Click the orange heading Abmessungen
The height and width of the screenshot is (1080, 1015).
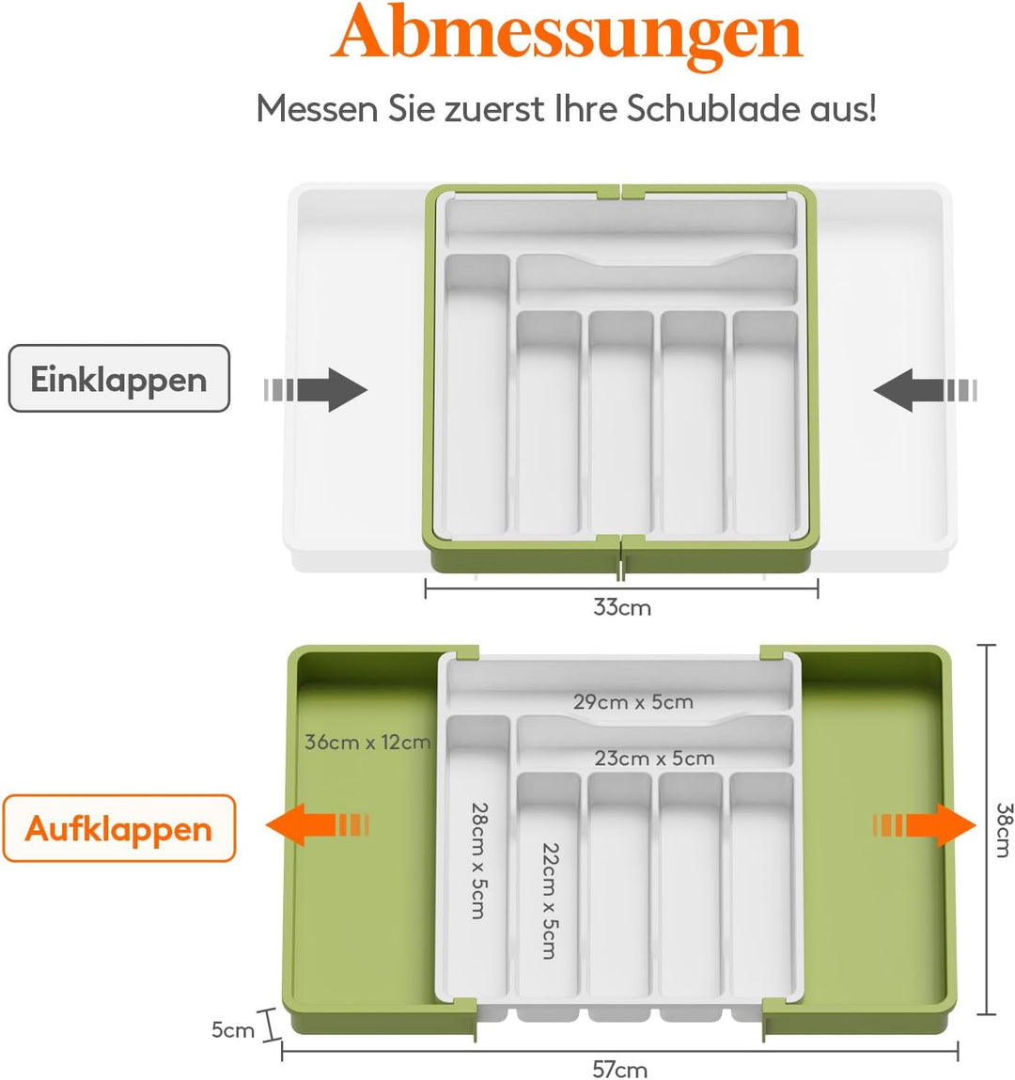point(567,35)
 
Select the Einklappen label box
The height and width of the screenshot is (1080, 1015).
point(118,379)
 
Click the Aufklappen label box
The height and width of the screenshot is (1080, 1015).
point(118,828)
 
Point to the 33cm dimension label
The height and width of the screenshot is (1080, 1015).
point(622,607)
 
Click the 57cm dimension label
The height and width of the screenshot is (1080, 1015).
point(619,1070)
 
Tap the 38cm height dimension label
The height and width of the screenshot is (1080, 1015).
point(1004,830)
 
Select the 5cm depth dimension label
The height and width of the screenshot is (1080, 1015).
point(233,1030)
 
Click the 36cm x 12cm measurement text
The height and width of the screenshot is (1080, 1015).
point(367,742)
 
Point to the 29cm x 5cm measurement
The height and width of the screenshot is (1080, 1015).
point(632,702)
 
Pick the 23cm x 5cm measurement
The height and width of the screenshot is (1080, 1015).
point(654,759)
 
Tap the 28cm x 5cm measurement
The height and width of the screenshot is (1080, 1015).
point(479,860)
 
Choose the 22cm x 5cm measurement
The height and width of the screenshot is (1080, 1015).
point(550,900)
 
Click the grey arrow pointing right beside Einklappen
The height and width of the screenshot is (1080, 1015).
point(316,390)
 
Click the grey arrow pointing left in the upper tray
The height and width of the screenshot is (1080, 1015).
point(925,390)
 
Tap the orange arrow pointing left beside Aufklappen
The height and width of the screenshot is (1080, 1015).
point(318,824)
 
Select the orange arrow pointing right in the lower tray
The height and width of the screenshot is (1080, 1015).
point(924,824)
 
